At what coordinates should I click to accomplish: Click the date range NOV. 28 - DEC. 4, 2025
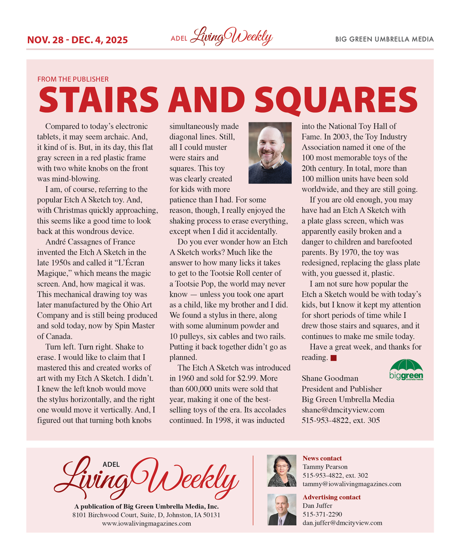pos(77,40)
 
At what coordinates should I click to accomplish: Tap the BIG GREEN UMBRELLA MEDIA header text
pos(384,39)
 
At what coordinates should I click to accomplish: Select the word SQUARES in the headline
pos(336,99)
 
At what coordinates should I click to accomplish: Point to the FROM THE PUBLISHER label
pos(73,79)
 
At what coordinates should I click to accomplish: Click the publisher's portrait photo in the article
pos(270,153)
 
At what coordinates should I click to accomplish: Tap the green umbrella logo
pos(406,370)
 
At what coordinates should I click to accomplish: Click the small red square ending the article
pos(333,358)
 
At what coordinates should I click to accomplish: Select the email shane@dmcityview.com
pos(343,410)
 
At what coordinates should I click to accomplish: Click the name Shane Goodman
pos(330,378)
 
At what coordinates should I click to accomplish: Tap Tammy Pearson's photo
pos(281,471)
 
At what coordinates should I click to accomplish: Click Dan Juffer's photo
pos(281,510)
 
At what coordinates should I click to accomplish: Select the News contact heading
pos(322,458)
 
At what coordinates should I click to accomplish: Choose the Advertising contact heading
pos(332,497)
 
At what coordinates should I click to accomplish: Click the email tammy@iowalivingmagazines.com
pos(352,484)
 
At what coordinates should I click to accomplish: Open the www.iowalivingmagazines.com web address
pos(146,524)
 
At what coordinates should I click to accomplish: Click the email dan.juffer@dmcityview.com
pos(342,523)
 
